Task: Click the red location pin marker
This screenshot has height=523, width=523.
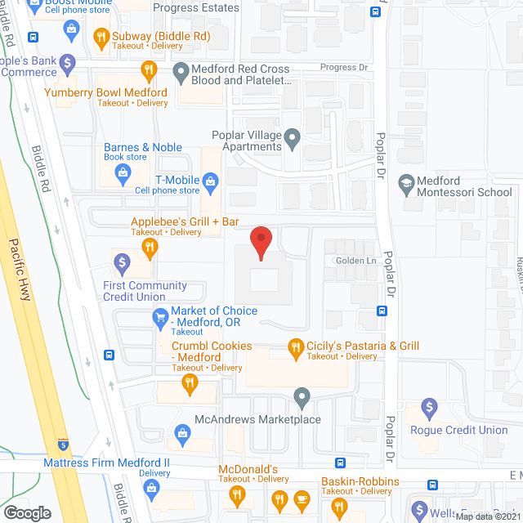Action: [261, 244]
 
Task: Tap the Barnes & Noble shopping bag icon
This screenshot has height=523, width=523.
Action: [123, 172]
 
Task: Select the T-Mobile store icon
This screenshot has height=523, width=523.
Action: [211, 180]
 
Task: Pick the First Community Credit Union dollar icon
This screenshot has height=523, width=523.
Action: [122, 262]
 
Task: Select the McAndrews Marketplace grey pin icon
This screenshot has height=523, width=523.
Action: [302, 399]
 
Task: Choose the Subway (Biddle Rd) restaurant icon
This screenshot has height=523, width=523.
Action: [101, 36]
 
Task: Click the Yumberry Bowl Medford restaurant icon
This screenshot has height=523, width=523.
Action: [149, 71]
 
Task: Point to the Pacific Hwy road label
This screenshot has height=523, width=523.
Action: [20, 270]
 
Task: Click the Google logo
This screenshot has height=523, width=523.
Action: [27, 512]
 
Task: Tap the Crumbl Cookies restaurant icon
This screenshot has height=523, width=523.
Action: [189, 382]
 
